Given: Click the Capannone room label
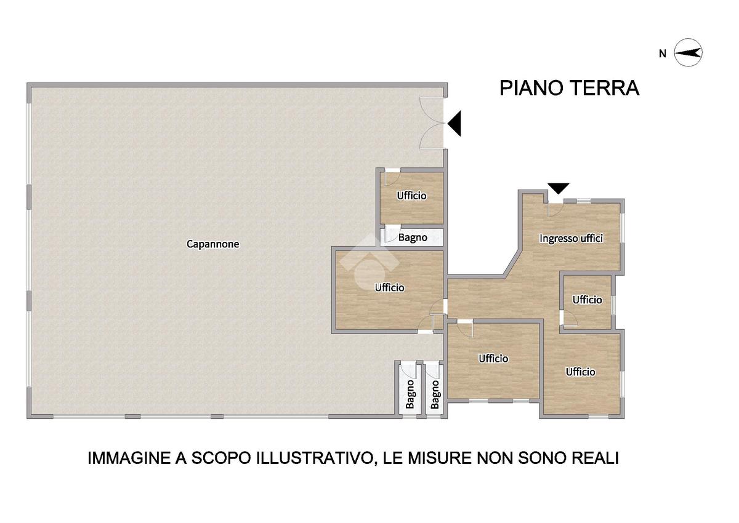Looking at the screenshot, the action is pos(213,244).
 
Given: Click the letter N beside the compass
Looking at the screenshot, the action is pos(663,54).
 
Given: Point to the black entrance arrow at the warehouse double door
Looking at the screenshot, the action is pos(454,124).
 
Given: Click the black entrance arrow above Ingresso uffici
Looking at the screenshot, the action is pos(558,188).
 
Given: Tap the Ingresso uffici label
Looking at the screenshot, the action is pos(571,238).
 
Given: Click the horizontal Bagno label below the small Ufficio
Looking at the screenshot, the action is pos(413,238).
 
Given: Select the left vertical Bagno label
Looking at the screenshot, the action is pos(410,394).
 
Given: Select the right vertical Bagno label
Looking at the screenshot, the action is pos(435,395).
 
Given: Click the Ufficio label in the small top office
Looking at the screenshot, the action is pos(411,196).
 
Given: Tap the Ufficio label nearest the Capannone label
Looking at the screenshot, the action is pos(390,288).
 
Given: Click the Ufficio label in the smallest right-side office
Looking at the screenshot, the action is pos(588,300).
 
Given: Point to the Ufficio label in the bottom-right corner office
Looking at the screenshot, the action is pos(581,372).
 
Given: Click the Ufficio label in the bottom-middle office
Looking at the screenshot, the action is pos(493,359).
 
